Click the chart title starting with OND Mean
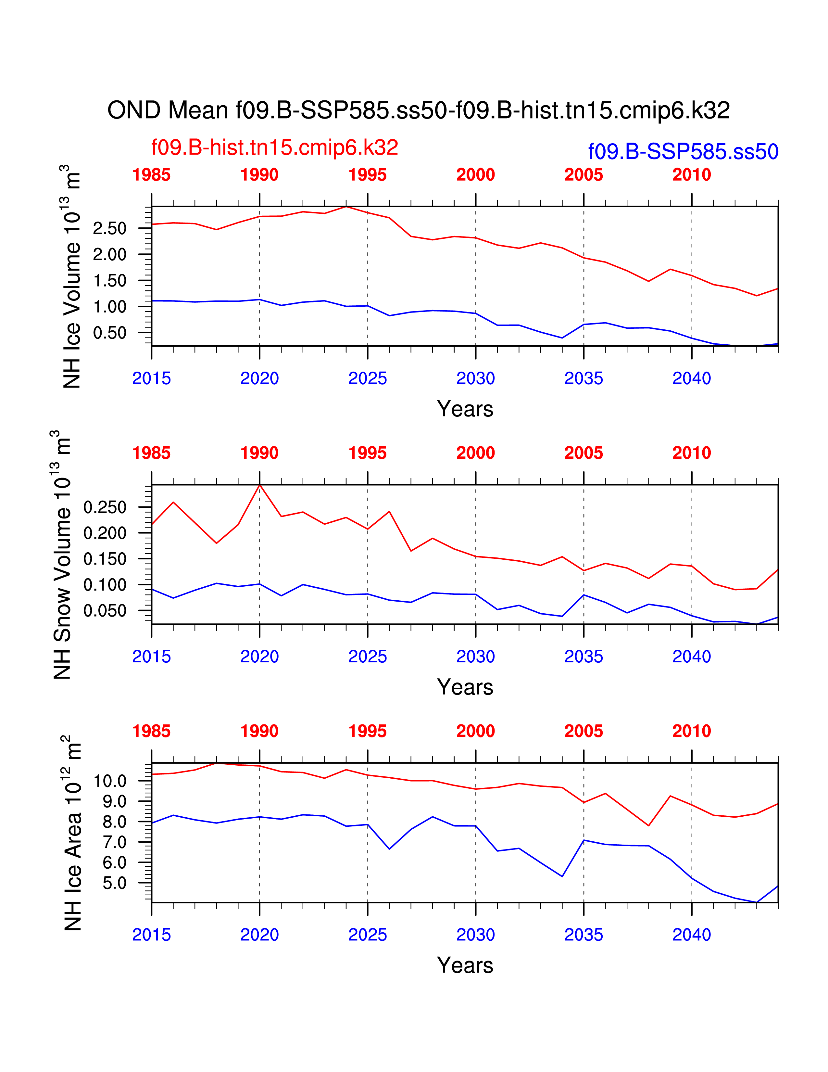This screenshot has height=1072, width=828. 419,110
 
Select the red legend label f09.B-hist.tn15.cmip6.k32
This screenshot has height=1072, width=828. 275,147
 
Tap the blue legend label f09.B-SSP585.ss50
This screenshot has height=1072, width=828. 683,152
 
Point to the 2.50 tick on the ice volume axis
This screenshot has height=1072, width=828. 110,229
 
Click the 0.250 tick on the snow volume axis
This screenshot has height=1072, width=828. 105,507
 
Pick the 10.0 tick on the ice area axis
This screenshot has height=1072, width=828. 110,781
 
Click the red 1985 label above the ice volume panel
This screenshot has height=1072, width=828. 152,175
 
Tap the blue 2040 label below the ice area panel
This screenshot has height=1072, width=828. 692,935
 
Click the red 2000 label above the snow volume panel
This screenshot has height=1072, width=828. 475,453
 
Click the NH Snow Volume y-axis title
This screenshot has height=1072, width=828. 62,555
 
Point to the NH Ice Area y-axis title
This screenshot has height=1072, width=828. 72,833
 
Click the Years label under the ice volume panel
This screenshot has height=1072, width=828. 465,409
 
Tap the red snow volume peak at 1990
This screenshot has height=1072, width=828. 259,485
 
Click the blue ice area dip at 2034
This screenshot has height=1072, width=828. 562,876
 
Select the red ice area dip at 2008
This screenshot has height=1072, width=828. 648,825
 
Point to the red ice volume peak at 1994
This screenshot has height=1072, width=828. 346,207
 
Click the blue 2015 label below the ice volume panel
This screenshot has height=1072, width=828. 152,378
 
